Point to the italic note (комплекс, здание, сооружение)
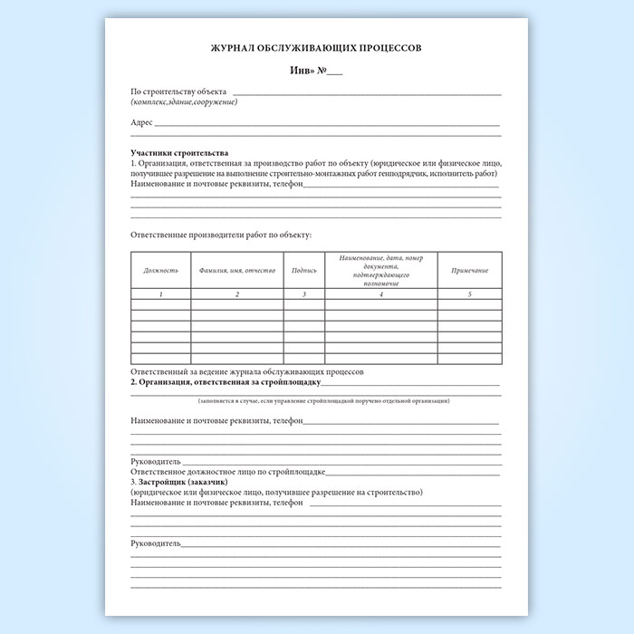point(184,101)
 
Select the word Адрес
point(141,122)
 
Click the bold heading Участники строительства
point(179,152)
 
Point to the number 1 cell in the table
point(161,294)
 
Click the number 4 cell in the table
point(381,294)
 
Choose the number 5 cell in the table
point(469,294)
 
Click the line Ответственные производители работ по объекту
point(221,235)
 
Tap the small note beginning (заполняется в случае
point(323,400)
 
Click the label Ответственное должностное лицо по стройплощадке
point(227,472)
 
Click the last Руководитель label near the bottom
point(156,543)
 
